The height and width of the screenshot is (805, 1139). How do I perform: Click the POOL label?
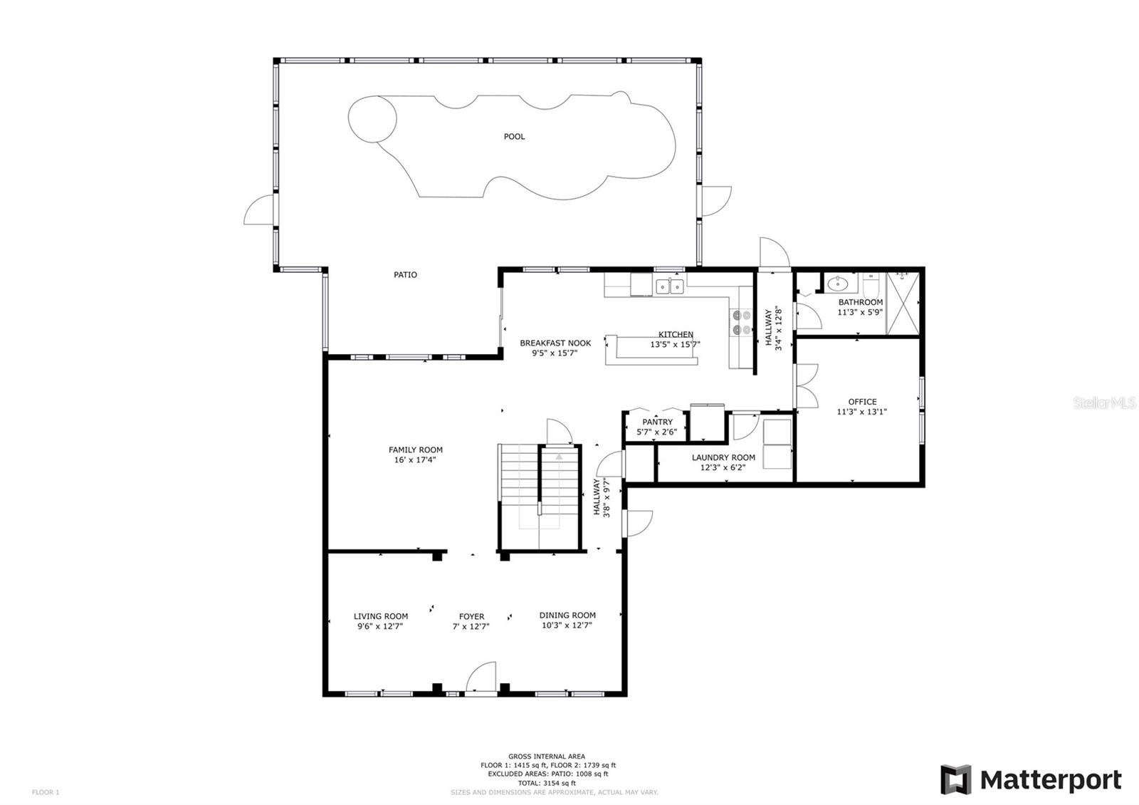(514, 136)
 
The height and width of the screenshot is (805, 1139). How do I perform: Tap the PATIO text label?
(405, 275)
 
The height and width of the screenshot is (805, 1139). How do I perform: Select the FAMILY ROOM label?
(416, 450)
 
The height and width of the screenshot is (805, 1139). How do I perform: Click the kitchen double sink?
(669, 286)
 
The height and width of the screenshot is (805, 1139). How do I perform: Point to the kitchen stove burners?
(741, 323)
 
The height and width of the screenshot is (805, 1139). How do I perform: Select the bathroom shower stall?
(903, 303)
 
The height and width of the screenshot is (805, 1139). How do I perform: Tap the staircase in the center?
(539, 497)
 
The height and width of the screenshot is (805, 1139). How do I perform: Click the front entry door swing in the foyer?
(481, 676)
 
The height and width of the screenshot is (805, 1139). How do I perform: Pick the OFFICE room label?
(862, 402)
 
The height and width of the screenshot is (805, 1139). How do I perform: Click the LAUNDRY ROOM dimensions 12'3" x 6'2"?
(723, 467)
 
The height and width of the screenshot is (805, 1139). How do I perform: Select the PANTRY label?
(657, 422)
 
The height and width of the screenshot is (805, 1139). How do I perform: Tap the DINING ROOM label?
(567, 616)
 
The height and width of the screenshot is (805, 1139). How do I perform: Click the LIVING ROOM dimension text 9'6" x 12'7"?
(380, 626)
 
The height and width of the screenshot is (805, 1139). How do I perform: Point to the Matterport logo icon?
(955, 779)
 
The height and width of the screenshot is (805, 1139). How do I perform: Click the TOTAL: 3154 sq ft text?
(547, 783)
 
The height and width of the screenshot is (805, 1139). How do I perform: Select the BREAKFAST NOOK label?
(555, 343)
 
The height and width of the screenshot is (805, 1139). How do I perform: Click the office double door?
(807, 385)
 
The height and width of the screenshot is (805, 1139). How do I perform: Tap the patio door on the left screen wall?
(260, 209)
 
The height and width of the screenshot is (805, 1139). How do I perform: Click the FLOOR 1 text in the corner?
(46, 792)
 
